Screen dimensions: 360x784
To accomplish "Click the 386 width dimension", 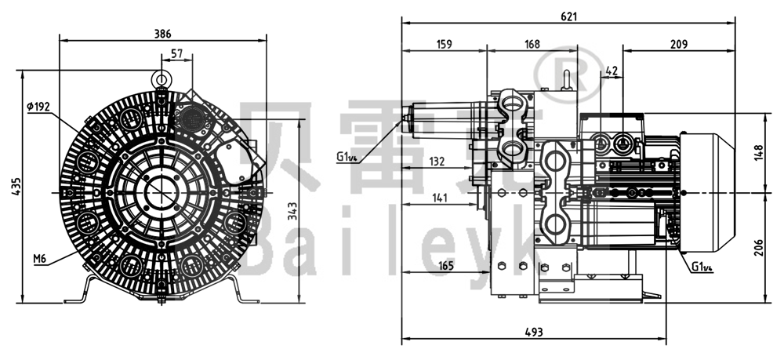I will click(162, 34).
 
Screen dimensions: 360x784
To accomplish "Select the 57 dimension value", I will click(176, 53).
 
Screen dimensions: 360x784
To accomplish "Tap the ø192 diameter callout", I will click(38, 107).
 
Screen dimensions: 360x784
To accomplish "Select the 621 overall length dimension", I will click(568, 16).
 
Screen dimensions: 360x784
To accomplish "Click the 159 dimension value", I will click(443, 45).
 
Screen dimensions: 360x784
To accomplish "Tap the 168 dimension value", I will click(531, 45).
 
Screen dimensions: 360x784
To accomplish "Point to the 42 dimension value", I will click(612, 71).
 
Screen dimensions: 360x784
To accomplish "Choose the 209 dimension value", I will click(679, 45).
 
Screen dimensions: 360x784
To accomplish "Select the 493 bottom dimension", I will click(533, 333).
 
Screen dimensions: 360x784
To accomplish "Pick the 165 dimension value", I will click(445, 267).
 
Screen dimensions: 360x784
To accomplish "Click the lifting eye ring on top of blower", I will click(162, 79).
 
